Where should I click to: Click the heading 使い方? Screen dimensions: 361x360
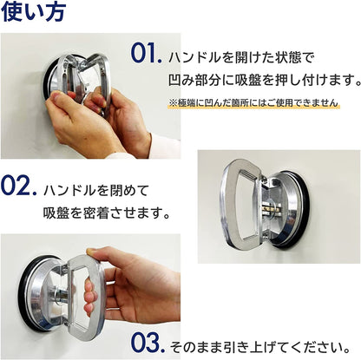34,11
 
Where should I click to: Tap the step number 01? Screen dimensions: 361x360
146,53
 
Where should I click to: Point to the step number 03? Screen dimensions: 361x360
148,343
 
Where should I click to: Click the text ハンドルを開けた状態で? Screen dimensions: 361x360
241,58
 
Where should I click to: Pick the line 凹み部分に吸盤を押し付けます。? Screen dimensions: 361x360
264,80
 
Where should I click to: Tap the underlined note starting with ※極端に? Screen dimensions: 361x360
253,102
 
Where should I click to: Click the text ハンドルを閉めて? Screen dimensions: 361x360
96,191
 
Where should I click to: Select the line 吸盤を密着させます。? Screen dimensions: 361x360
106,213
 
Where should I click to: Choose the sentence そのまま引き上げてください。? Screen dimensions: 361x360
260,347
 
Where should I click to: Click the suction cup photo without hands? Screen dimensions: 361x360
279,206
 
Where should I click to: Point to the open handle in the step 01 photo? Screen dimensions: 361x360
87,78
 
